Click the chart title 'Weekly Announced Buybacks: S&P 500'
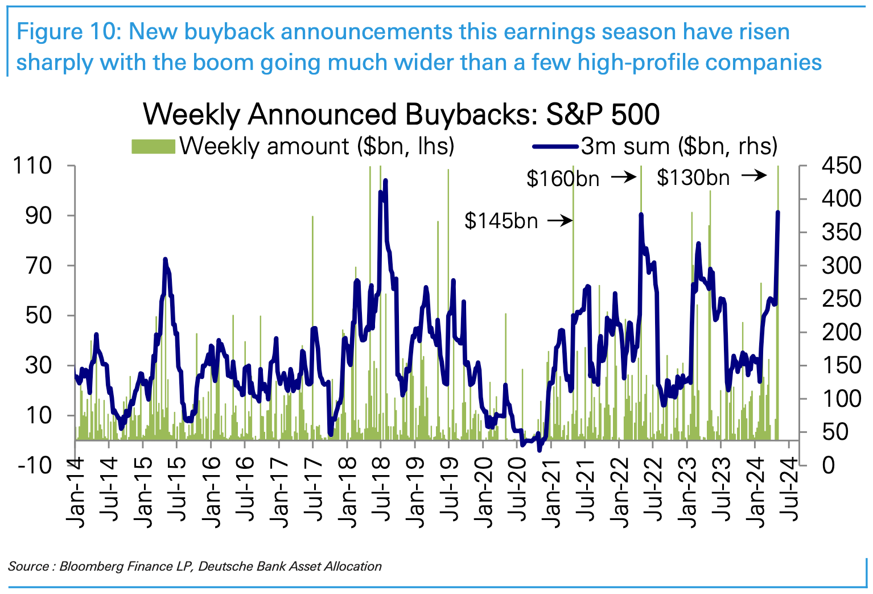pos(401,114)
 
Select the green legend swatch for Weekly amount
pos(153,146)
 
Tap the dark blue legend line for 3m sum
pos(556,146)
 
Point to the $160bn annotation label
pos(562,179)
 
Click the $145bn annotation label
pos(501,221)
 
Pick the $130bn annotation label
pos(693,178)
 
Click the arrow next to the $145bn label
pos(560,221)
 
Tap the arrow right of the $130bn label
pos(755,176)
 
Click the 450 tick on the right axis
pos(841,166)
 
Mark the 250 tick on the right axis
pos(841,299)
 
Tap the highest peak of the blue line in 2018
pos(385,180)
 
